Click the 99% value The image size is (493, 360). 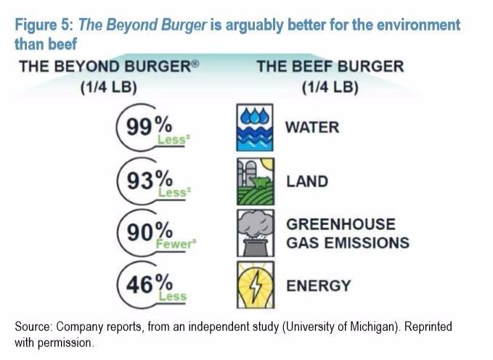pos(149,126)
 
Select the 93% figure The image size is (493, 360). pos(149,179)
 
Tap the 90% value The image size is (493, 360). pos(149,232)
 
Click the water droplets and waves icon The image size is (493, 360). pos(256,126)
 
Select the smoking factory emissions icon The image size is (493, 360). pos(256,232)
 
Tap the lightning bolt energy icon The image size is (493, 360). pos(256,285)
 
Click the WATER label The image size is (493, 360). pos(312,127)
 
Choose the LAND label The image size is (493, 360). pos(307,181)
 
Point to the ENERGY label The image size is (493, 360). pos(318,285)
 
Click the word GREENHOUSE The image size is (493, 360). pos(341,224)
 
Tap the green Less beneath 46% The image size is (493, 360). pos(173,295)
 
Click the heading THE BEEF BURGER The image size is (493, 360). pos(330,67)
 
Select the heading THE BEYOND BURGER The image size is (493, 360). pos(109,67)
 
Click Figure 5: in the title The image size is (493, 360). pos(43,25)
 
